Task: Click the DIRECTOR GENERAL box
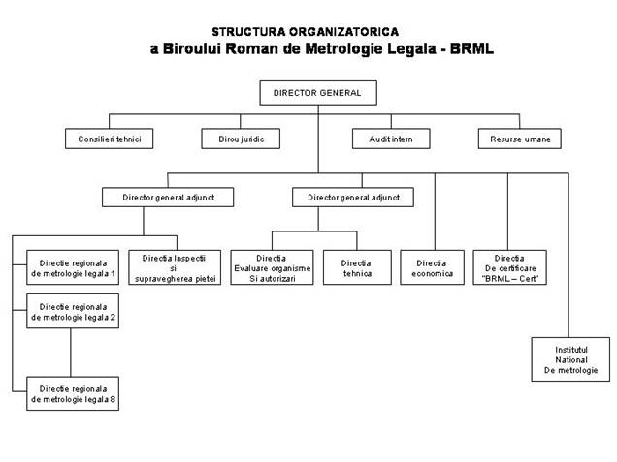(318, 93)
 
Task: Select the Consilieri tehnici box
(109, 139)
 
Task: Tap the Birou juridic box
(241, 139)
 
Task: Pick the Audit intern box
(391, 139)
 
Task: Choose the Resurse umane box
(520, 139)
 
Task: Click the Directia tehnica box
(357, 267)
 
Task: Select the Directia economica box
(432, 267)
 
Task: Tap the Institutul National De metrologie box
(570, 359)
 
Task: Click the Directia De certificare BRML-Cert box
(510, 267)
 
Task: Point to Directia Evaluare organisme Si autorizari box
(272, 267)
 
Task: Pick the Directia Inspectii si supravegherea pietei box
(175, 267)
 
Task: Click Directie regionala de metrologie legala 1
(73, 267)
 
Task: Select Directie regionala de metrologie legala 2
(73, 311)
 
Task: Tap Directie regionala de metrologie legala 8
(73, 393)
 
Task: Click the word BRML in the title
(471, 48)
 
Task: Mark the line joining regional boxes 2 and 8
(71, 353)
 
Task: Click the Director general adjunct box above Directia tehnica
(353, 198)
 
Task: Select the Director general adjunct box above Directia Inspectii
(168, 198)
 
